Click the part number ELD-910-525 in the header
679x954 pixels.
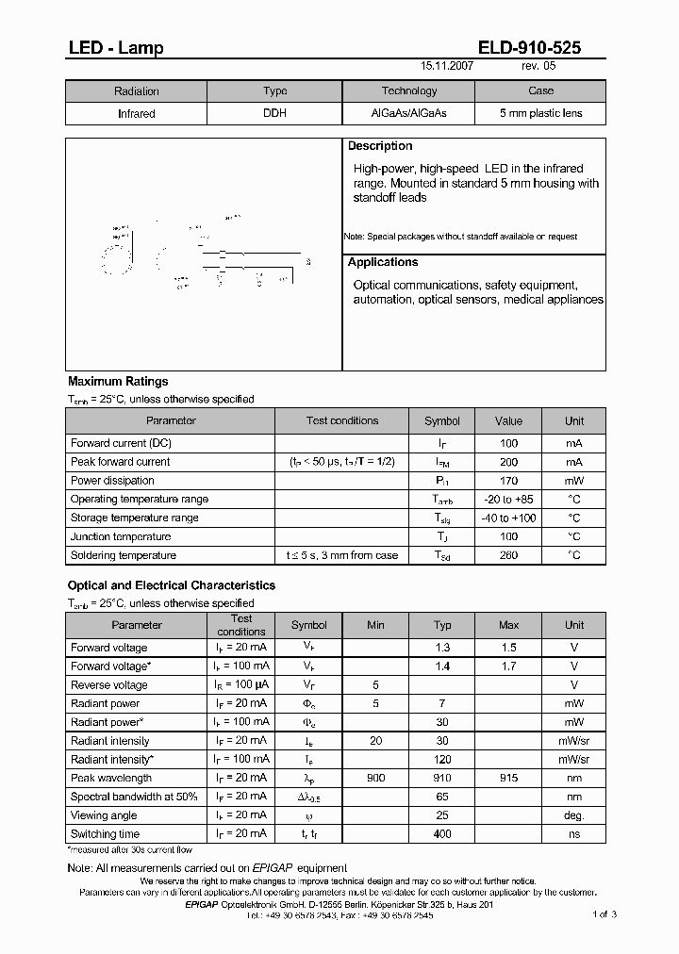pos(535,48)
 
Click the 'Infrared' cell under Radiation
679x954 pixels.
pos(136,113)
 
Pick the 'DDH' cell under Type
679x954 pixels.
pos(275,113)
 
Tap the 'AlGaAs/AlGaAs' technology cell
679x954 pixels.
pos(408,113)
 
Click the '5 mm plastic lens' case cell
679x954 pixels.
pos(540,113)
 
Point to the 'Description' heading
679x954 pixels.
pos(380,146)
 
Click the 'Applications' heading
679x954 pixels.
pos(383,262)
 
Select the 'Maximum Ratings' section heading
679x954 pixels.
pos(118,382)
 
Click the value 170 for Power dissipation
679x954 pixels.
pos(509,480)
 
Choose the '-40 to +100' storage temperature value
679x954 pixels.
pos(509,518)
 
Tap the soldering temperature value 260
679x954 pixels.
pos(509,555)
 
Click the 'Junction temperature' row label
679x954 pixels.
pos(119,536)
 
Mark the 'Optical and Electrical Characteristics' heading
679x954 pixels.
pos(172,585)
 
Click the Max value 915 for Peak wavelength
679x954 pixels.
pos(509,778)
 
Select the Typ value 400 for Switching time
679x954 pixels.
pos(442,833)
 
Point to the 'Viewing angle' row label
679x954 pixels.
pos(104,814)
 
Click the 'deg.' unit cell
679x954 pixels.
pos(574,814)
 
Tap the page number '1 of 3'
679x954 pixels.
pos(604,914)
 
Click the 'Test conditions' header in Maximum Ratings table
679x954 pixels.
pos(342,420)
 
